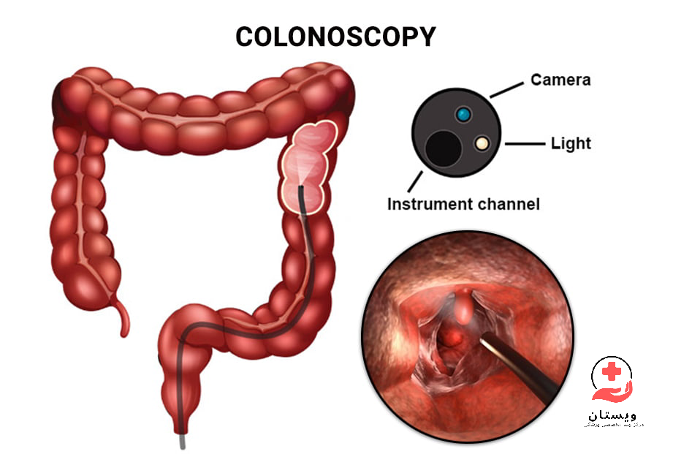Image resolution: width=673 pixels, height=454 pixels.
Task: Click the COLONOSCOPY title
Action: [335, 37]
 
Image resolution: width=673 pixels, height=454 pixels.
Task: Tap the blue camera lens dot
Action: [462, 114]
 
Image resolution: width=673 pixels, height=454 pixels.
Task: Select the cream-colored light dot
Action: [481, 143]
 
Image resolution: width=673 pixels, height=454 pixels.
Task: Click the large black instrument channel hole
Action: [444, 148]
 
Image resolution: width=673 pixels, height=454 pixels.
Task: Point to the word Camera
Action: [560, 79]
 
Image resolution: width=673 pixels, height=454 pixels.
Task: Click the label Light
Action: [570, 143]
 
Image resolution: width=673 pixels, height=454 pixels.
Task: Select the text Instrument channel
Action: [463, 204]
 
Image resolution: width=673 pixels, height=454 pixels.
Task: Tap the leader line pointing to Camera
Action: [506, 88]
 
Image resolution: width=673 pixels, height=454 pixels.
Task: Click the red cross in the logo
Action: [612, 370]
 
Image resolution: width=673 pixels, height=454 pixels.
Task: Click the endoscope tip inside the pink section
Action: [302, 192]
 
